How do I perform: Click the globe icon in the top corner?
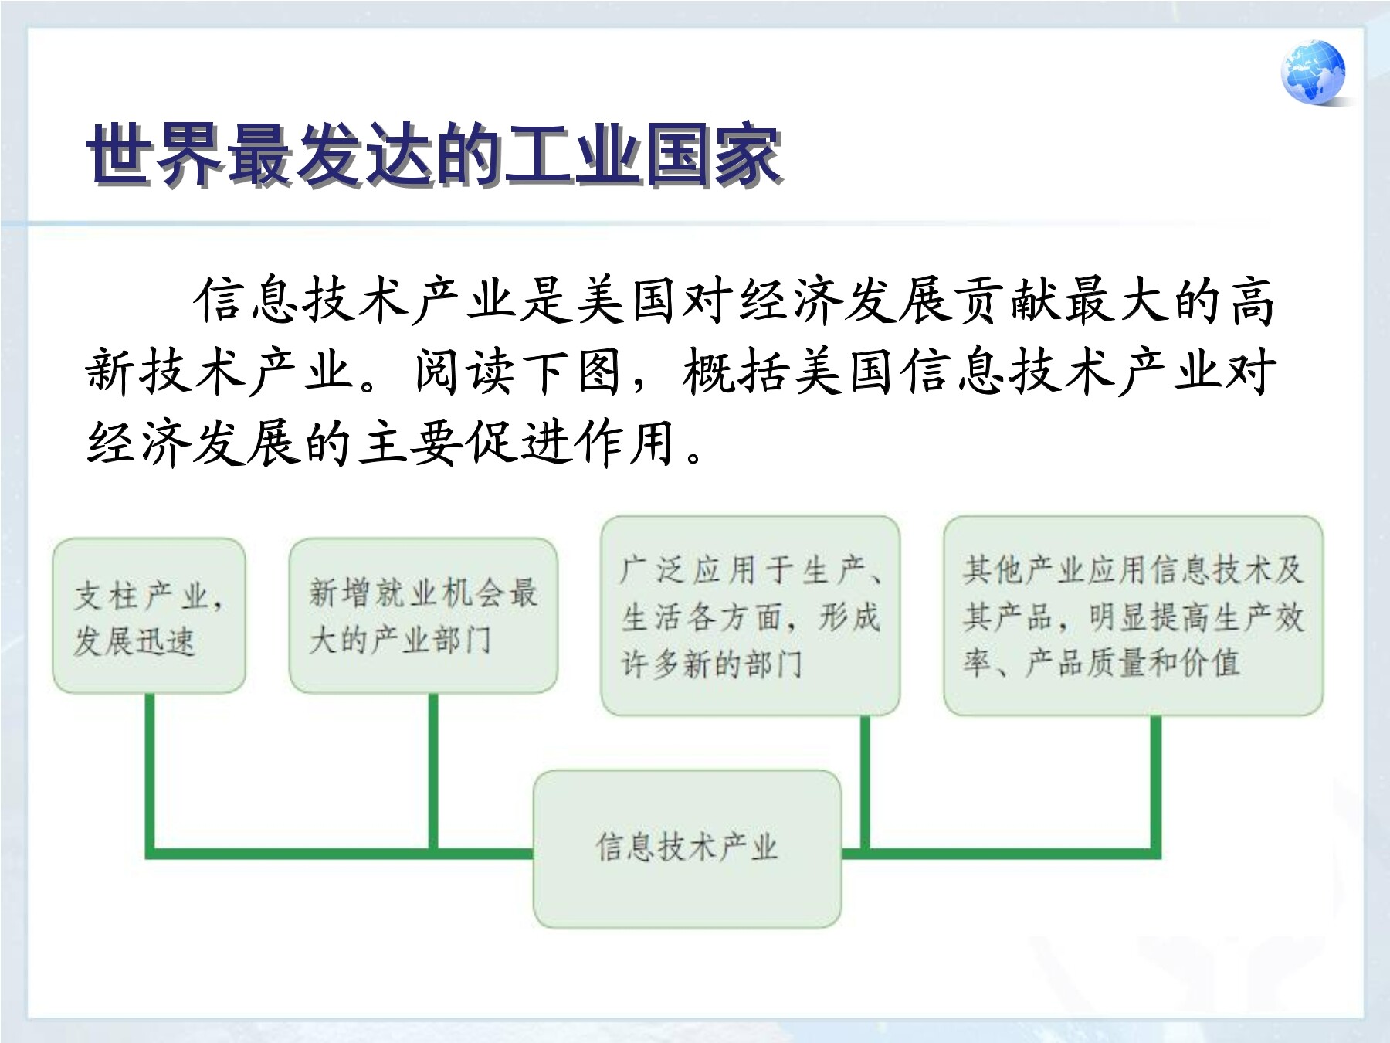pyautogui.click(x=1313, y=72)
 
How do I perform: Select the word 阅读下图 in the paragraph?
pyautogui.click(x=517, y=372)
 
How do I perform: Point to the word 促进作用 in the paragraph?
pyautogui.click(x=571, y=443)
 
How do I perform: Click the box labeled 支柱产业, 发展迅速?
pyautogui.click(x=149, y=616)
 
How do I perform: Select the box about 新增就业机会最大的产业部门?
pyautogui.click(x=423, y=616)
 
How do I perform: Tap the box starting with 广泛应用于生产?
pyautogui.click(x=751, y=616)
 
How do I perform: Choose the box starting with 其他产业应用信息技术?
pyautogui.click(x=1133, y=616)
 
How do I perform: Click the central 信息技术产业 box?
pyautogui.click(x=687, y=848)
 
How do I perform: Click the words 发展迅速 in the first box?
pyautogui.click(x=134, y=640)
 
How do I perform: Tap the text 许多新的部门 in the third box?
pyautogui.click(x=712, y=663)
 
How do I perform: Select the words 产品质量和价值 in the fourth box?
pyautogui.click(x=1133, y=663)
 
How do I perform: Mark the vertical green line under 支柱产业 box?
pyautogui.click(x=150, y=773)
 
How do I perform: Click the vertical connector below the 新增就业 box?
pyautogui.click(x=433, y=773)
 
